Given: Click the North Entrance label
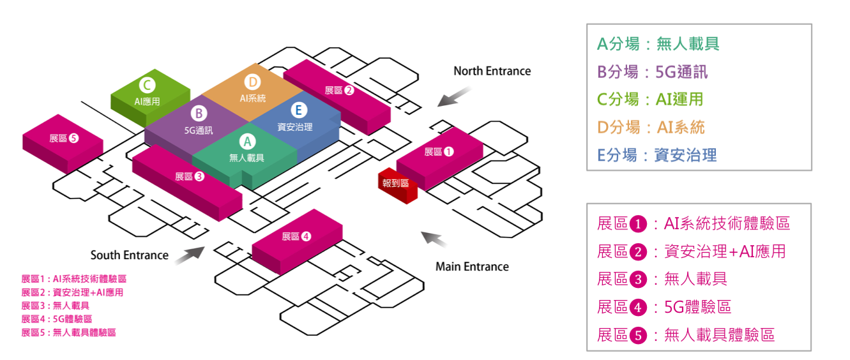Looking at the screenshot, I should pos(492,71).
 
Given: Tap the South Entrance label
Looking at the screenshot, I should pos(130,255).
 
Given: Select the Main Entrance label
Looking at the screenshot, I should pos(472,266).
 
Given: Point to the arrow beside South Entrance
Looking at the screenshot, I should pos(188,254).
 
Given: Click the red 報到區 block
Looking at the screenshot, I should pos(396,184).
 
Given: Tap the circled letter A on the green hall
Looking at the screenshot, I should pos(247,141).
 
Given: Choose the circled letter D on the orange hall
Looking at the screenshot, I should pos(252,82).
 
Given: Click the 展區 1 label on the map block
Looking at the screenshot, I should pos(439,152).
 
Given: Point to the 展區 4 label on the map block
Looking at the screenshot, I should pos(296,236).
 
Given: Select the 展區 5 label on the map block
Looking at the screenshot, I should pos(63,138).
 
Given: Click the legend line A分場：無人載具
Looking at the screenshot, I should pos(658,44).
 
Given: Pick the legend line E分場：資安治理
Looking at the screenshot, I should pos(657,155).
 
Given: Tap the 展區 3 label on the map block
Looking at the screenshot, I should pos(189,176).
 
